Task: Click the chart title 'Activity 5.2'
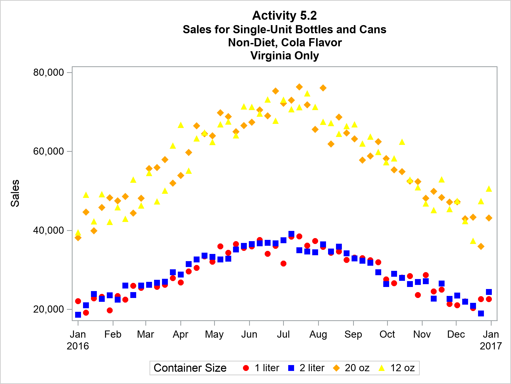[x=284, y=16]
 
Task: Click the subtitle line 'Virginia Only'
[x=285, y=56]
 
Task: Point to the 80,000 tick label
[x=48, y=72]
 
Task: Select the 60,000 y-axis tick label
[x=48, y=151]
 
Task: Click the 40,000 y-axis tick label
[x=48, y=230]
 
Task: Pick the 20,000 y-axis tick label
[x=48, y=309]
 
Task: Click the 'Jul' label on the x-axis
[x=283, y=334]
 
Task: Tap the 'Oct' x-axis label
[x=387, y=334]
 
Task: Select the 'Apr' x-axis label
[x=180, y=334]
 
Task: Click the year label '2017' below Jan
[x=491, y=346]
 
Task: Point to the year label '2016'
[x=78, y=346]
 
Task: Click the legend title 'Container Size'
[x=190, y=368]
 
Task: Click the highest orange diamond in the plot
[x=299, y=87]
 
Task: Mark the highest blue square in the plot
[x=291, y=234]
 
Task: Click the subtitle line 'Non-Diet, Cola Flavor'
[x=285, y=42]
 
